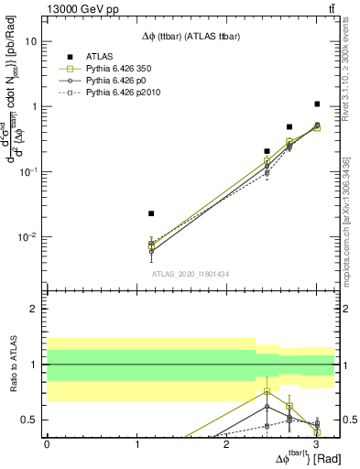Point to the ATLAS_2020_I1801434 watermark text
pyautogui.click(x=190, y=274)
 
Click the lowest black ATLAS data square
pyautogui.click(x=151, y=213)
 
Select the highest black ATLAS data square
pyautogui.click(x=317, y=104)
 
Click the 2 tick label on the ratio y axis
pyautogui.click(x=33, y=310)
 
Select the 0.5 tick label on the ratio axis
pyautogui.click(x=28, y=420)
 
